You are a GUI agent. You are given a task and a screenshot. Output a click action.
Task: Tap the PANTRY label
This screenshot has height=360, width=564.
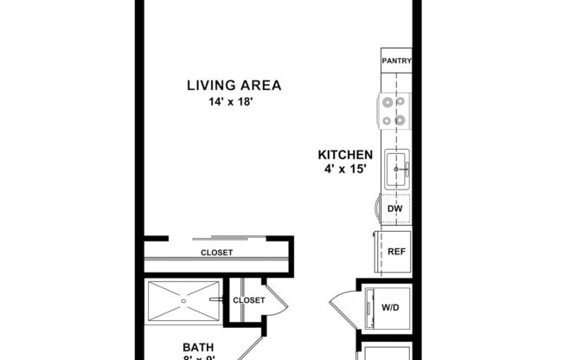[396, 61]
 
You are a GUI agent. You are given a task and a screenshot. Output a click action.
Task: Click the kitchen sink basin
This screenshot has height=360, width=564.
[397, 165]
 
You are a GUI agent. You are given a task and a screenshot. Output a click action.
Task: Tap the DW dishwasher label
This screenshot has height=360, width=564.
[395, 209]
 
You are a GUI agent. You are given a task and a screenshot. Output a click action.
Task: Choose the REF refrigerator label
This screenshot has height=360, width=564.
[396, 252]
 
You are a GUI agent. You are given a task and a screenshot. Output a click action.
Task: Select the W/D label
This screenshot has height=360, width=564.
[391, 307]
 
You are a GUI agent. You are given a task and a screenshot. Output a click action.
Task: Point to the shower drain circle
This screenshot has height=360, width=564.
[183, 301]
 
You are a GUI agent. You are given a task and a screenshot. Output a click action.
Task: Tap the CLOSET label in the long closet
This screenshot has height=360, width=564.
[216, 253]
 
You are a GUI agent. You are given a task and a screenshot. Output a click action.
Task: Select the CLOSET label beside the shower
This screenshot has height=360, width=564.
[249, 300]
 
